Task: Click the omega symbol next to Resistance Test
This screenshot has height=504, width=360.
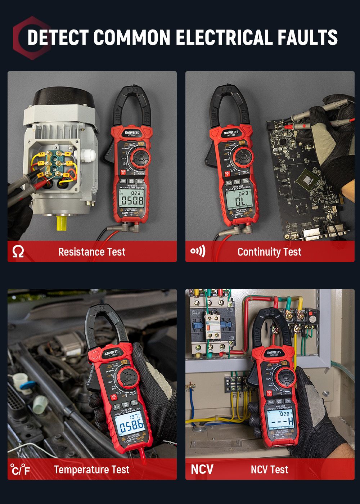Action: [18, 251]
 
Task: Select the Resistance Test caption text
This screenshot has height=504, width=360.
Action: [92, 252]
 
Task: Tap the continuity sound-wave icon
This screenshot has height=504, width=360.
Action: [198, 251]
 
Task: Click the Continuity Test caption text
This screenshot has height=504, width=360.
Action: [269, 252]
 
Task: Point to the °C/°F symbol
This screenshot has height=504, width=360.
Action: [20, 469]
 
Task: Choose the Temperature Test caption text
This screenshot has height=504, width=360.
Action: [91, 469]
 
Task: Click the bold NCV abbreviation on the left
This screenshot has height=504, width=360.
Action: [202, 469]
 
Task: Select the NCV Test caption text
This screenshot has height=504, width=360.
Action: [269, 469]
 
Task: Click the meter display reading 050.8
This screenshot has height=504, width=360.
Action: [132, 199]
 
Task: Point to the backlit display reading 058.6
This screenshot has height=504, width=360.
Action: [131, 425]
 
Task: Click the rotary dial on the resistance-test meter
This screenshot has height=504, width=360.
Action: [139, 157]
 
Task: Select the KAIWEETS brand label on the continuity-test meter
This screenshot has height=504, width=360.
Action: [231, 133]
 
